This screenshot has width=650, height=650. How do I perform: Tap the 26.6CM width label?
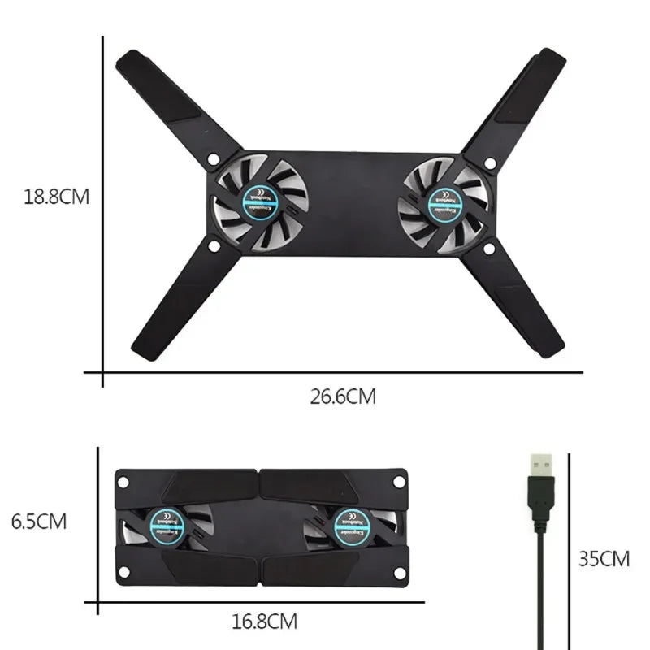coord(343,397)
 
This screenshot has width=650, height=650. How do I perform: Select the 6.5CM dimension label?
coord(39,521)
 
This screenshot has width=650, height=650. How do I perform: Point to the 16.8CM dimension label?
coord(264,622)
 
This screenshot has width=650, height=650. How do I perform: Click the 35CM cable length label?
coord(604,559)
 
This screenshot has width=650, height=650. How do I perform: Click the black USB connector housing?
coord(539,500)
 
